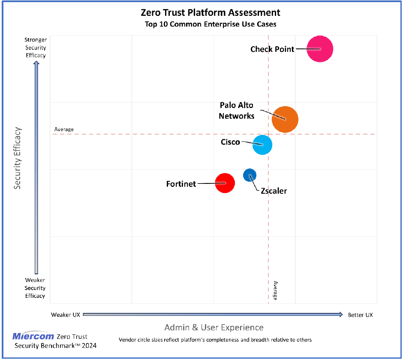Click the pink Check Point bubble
[x=320, y=49]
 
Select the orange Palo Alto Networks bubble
[x=285, y=119]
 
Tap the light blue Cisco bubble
[x=262, y=144]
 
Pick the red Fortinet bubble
[x=225, y=183]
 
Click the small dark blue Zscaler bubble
[x=250, y=175]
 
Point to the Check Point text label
[x=272, y=49]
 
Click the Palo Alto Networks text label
[x=237, y=111]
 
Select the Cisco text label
[x=230, y=142]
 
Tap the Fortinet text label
[x=181, y=184]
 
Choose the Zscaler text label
[x=274, y=191]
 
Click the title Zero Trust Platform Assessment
[x=210, y=13]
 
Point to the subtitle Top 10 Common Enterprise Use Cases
[x=210, y=24]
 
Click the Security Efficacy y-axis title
[x=18, y=158]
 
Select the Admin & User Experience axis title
[x=214, y=327]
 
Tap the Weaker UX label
[x=66, y=315]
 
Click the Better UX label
[x=360, y=315]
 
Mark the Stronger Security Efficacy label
[x=35, y=48]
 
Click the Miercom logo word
[x=33, y=336]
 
